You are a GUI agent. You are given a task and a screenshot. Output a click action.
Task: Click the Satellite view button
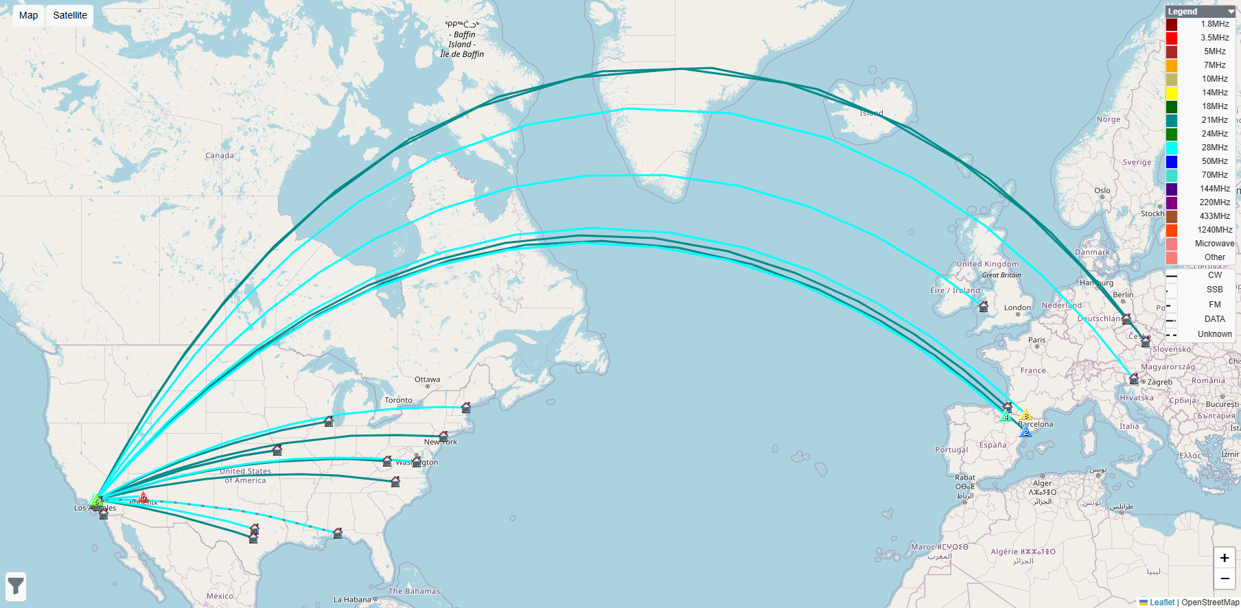pyautogui.click(x=70, y=15)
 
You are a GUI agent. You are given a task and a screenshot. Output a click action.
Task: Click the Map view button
pyautogui.click(x=28, y=15)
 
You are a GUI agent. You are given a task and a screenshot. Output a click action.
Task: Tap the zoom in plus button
pyautogui.click(x=1224, y=558)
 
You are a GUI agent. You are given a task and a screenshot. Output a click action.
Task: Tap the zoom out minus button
pyautogui.click(x=1224, y=579)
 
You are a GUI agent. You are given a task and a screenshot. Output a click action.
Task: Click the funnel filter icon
pyautogui.click(x=16, y=587)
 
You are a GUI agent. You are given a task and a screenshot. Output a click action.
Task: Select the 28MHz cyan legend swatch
pyautogui.click(x=1172, y=148)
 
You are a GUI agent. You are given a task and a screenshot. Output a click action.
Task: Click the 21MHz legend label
pyautogui.click(x=1214, y=120)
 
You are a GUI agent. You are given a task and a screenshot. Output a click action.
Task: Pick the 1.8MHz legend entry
pyautogui.click(x=1214, y=24)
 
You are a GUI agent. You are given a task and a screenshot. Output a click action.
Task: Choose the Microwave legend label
pyautogui.click(x=1214, y=244)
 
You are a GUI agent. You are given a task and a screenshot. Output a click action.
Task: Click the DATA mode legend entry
pyautogui.click(x=1214, y=319)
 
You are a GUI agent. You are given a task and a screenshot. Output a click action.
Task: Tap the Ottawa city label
pyautogui.click(x=427, y=379)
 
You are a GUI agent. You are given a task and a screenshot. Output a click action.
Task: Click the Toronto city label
pyautogui.click(x=398, y=400)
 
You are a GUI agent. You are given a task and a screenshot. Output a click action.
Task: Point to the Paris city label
pyautogui.click(x=1036, y=340)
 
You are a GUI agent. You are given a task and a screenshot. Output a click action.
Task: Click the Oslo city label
pyautogui.click(x=1102, y=191)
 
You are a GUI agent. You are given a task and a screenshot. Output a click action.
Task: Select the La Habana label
pyautogui.click(x=352, y=600)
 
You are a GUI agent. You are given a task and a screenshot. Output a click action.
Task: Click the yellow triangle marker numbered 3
pyautogui.click(x=1025, y=415)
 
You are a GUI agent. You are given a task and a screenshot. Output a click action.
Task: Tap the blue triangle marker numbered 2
pyautogui.click(x=1026, y=432)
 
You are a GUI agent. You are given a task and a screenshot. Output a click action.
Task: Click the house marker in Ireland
pyautogui.click(x=984, y=306)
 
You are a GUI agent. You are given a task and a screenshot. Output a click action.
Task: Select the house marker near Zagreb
pyautogui.click(x=1133, y=379)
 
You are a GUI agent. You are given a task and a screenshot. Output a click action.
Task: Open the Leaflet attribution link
pyautogui.click(x=1161, y=603)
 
